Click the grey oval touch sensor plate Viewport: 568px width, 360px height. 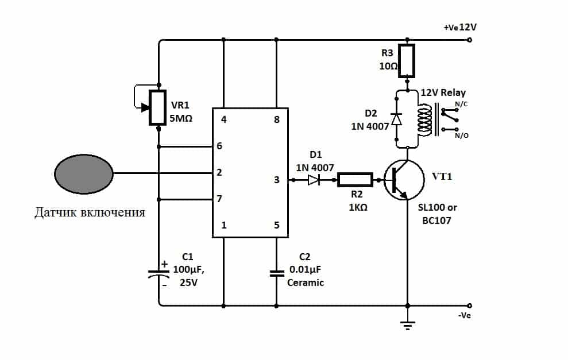coord(84,172)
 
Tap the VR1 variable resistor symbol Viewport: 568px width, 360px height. coord(157,107)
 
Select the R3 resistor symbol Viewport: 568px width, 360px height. coord(407,61)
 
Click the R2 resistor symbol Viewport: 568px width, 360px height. coord(355,180)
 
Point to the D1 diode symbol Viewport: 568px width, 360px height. coord(314,180)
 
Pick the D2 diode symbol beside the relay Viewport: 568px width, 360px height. coord(396,119)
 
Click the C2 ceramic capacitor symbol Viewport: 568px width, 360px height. coord(277,273)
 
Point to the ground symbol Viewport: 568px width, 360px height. coord(407,326)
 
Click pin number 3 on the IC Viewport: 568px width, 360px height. coord(276,180)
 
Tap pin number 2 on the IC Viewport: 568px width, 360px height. coord(219,172)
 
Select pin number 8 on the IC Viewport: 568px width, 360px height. coord(276,120)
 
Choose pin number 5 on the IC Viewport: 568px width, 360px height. coord(276,225)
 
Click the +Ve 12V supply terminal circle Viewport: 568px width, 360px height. coord(470,40)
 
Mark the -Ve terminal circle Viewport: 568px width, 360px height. coord(470,305)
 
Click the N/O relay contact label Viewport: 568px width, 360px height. coord(461,136)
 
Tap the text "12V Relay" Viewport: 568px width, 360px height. coord(443,92)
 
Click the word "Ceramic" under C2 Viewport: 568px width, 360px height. coord(306,282)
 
